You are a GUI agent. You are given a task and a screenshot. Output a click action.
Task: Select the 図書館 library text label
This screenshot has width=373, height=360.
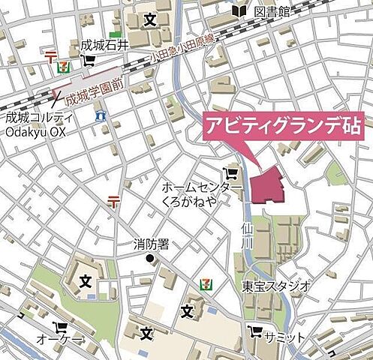pos(272,10)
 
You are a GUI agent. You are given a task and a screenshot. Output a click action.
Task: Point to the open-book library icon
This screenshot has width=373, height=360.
pos(239,10)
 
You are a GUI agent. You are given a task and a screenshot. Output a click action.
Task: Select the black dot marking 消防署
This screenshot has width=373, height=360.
pos(150,259)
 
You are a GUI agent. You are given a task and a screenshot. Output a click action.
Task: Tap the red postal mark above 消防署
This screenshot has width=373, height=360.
pos(114,200)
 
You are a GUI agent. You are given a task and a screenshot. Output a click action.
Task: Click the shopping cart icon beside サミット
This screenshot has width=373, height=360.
pos(256,331)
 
